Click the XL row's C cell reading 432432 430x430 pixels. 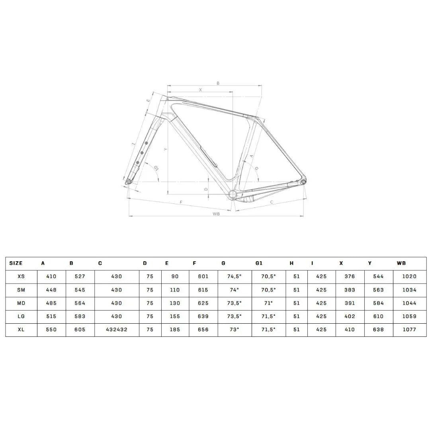coord(117,330)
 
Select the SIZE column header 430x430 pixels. coord(16,263)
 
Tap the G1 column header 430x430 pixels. coord(259,263)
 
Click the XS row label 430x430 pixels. coord(21,277)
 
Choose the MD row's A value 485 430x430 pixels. coord(51,303)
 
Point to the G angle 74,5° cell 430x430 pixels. coord(235,277)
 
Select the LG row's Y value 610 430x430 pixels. coord(379,316)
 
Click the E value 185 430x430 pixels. coord(175,330)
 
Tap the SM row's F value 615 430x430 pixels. coord(203,290)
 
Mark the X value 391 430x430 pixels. coord(350,303)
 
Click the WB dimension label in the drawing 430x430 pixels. coord(216,214)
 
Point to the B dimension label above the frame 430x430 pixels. coord(218,83)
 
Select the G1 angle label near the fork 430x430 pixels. coord(156,168)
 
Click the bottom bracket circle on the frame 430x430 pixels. coord(233,194)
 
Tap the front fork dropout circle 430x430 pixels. coord(129,182)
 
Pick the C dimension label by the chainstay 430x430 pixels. coord(272,202)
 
